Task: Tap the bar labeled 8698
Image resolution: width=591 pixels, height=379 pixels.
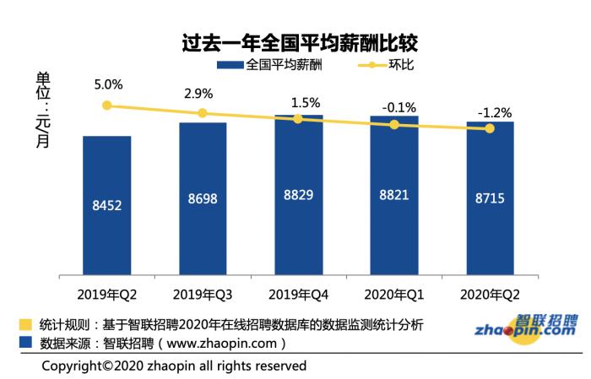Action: pyautogui.click(x=203, y=198)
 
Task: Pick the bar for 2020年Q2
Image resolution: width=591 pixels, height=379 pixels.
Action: pyautogui.click(x=490, y=198)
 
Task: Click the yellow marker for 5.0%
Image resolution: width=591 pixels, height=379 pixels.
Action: pyautogui.click(x=106, y=106)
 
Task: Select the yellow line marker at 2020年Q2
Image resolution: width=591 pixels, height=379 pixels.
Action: pyautogui.click(x=490, y=128)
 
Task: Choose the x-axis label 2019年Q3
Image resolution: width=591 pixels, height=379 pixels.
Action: pyautogui.click(x=203, y=295)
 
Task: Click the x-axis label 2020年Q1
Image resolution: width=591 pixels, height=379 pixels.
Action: pyautogui.click(x=393, y=295)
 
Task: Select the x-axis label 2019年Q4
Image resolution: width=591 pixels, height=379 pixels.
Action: pyautogui.click(x=298, y=295)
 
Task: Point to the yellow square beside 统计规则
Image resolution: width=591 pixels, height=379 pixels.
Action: pyautogui.click(x=27, y=325)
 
